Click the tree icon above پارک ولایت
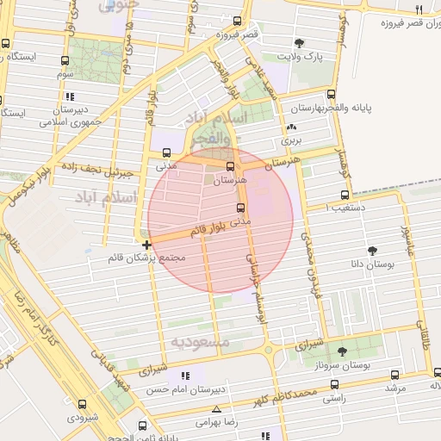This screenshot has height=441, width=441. (x=299, y=43)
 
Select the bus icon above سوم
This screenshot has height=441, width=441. (x=65, y=61)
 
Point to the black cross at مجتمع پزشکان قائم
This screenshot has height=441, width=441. (x=146, y=245)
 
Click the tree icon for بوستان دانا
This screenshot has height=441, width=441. (x=372, y=251)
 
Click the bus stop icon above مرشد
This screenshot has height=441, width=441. (x=394, y=375)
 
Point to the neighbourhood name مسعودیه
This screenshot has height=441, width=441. (x=200, y=342)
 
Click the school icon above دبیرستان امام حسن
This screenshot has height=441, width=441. (x=183, y=376)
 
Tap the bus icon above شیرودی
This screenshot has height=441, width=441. (x=83, y=403)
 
